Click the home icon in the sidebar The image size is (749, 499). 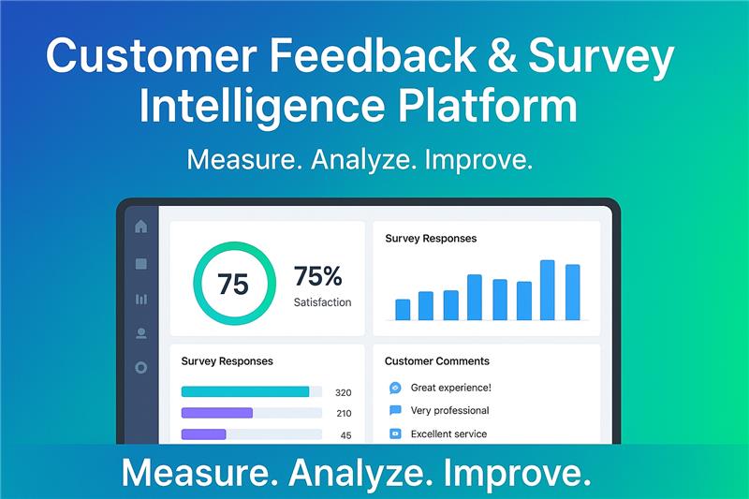pyautogui.click(x=141, y=226)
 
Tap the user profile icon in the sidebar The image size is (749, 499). pyautogui.click(x=141, y=332)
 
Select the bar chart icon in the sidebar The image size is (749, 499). pyautogui.click(x=141, y=299)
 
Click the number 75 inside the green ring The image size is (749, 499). pyautogui.click(x=233, y=284)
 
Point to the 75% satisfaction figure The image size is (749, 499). pyautogui.click(x=318, y=276)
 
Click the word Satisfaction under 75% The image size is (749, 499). pyautogui.click(x=322, y=302)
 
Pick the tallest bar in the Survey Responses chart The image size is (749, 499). pyautogui.click(x=548, y=290)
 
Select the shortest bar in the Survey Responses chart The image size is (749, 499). pyautogui.click(x=403, y=310)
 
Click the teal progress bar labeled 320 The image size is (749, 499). pyautogui.click(x=245, y=391)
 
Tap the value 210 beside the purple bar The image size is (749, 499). pyautogui.click(x=344, y=413)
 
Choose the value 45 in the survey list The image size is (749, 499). pyautogui.click(x=345, y=435)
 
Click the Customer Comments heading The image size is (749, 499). pyautogui.click(x=436, y=361)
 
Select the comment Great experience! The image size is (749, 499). pyautogui.click(x=450, y=388)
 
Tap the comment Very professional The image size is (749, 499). pyautogui.click(x=449, y=411)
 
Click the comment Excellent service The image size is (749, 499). pyautogui.click(x=448, y=434)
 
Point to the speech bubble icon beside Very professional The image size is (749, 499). pyautogui.click(x=395, y=411)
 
